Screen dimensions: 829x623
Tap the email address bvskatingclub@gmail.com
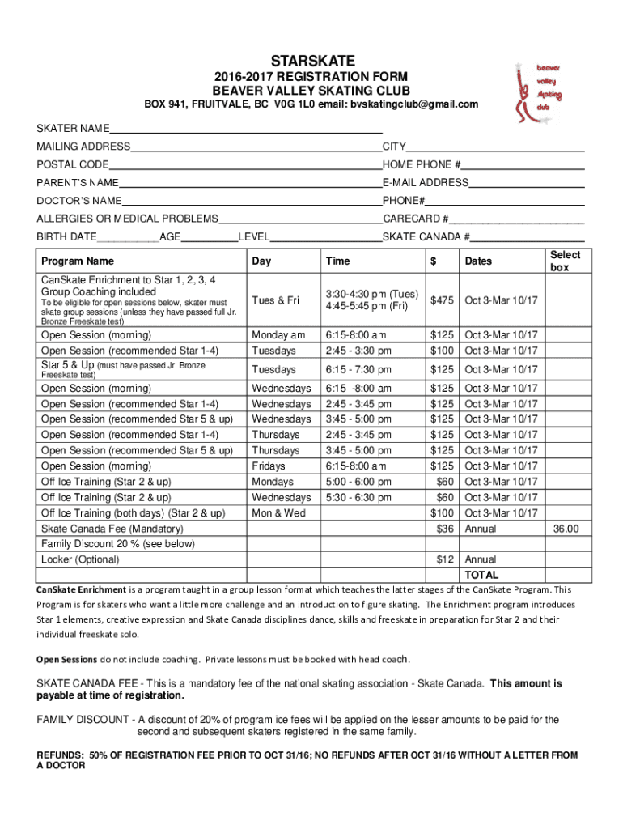click(x=414, y=104)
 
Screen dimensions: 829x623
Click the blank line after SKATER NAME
click(x=246, y=128)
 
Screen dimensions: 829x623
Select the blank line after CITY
click(x=495, y=147)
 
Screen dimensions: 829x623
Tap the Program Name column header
click(x=78, y=261)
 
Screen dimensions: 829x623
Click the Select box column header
click(x=566, y=261)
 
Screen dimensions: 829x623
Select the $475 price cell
click(x=442, y=300)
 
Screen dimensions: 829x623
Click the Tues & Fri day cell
click(x=275, y=300)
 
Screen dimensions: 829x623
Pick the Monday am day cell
click(x=278, y=335)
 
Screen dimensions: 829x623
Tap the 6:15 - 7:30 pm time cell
click(x=358, y=370)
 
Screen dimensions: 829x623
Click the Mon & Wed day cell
click(x=278, y=513)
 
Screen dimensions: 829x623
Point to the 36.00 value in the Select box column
click(x=566, y=529)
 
